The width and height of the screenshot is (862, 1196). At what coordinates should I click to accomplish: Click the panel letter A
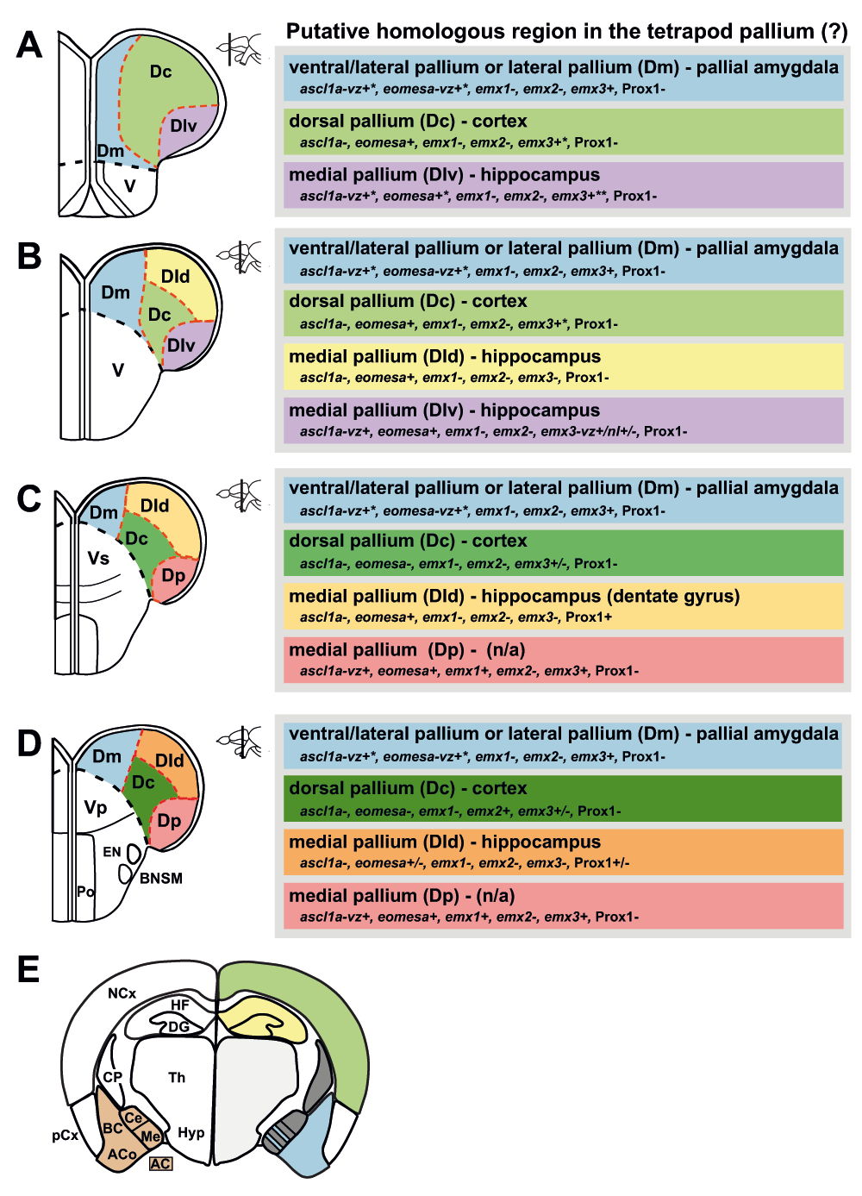(x=28, y=45)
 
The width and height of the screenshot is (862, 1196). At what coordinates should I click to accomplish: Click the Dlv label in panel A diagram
(x=183, y=126)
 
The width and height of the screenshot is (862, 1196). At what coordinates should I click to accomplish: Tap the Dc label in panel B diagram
(x=159, y=315)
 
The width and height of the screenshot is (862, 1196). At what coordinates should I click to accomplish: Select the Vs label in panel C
(x=98, y=559)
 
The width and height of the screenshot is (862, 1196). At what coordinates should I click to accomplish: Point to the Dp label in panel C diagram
(x=173, y=576)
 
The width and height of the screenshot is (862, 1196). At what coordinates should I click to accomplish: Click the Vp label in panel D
(x=96, y=808)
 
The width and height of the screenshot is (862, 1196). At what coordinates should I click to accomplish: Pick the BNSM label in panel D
(x=160, y=879)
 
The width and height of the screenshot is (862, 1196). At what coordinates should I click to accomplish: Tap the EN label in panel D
(x=111, y=852)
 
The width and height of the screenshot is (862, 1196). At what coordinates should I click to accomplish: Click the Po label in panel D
(x=85, y=891)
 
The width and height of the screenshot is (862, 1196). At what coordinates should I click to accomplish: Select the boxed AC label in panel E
(x=160, y=1163)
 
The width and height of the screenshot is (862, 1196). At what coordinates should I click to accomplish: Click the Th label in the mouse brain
(x=177, y=1078)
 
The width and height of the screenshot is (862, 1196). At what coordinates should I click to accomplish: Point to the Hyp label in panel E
(x=191, y=1132)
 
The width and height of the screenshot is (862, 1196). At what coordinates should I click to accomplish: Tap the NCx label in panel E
(x=122, y=993)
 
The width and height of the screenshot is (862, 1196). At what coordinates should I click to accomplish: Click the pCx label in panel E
(x=66, y=1136)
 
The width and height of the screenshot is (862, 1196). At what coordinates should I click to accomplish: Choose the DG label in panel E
(x=178, y=1027)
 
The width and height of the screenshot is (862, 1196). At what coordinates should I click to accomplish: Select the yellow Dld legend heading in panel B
(x=445, y=356)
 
